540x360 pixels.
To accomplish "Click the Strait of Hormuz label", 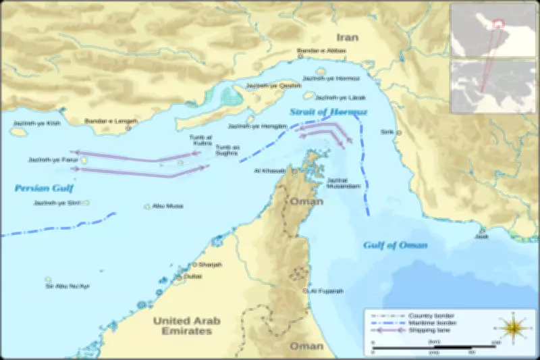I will tap(329, 111).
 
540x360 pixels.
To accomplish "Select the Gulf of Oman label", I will tap(395, 245).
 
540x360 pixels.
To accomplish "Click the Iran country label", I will tap(348, 37).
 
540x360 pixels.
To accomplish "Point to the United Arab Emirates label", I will tap(182, 326).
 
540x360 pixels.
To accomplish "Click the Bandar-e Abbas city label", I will tap(321, 51).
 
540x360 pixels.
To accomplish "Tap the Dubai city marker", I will tap(180, 277).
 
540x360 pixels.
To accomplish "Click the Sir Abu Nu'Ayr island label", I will tap(67, 286).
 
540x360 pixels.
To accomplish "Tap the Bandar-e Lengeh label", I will tap(111, 121).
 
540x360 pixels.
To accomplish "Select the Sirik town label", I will tap(387, 132).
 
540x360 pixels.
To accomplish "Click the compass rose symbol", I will tap(514, 328).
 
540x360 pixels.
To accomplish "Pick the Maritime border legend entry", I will tap(433, 323).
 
